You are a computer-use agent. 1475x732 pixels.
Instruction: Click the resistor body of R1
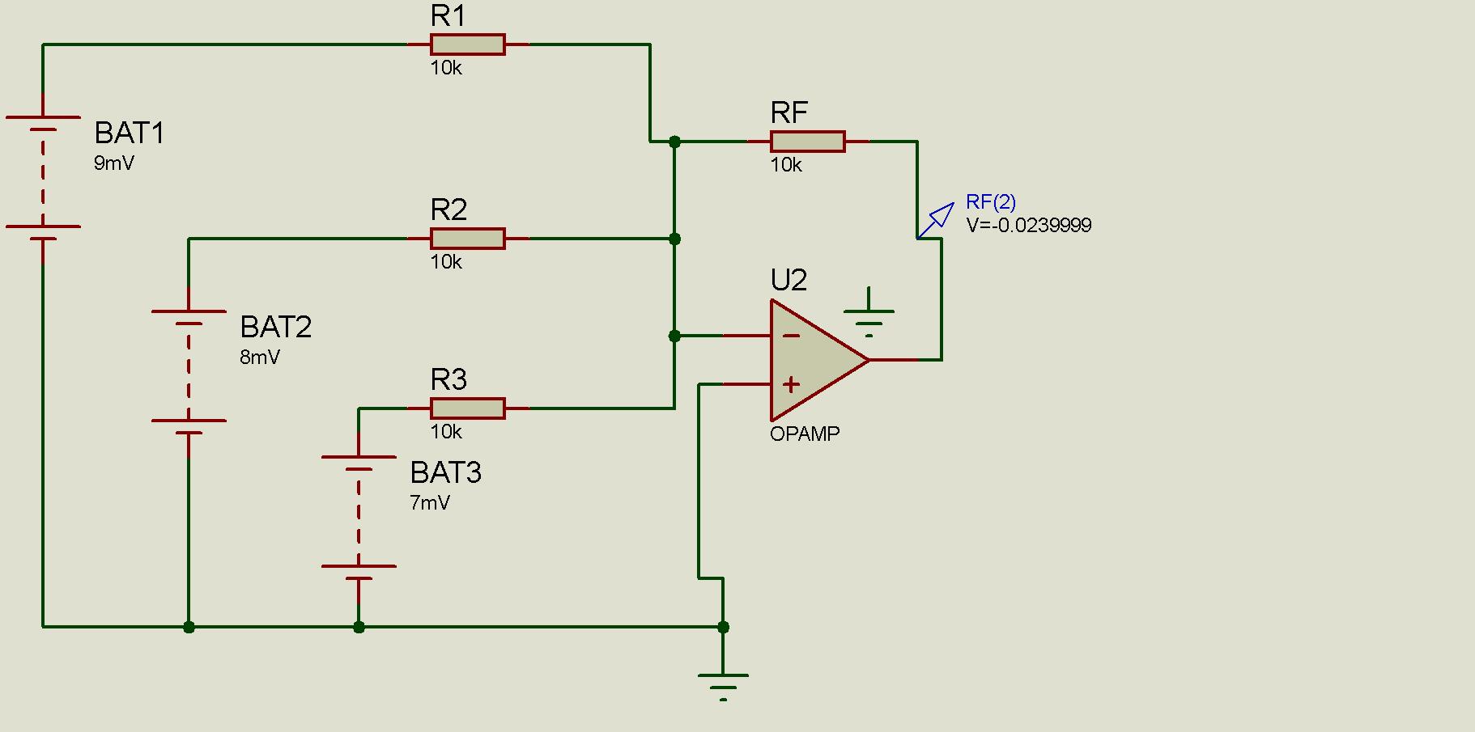(x=467, y=44)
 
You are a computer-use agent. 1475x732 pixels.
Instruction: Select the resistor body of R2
(x=467, y=239)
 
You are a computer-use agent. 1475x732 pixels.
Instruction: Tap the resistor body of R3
(x=467, y=408)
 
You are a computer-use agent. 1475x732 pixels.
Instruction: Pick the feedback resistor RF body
(x=807, y=142)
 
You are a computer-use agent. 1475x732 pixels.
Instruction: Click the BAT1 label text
(x=130, y=133)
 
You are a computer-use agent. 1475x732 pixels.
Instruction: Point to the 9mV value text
(x=114, y=163)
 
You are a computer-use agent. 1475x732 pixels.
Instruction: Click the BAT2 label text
(x=275, y=327)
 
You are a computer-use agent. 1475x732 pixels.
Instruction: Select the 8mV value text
(x=260, y=358)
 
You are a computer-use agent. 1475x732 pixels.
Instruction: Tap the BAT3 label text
(x=445, y=472)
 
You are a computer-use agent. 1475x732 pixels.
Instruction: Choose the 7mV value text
(x=430, y=503)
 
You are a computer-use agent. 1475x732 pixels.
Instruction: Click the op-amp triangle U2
(x=814, y=360)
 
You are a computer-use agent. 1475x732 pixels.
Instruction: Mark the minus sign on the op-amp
(x=792, y=336)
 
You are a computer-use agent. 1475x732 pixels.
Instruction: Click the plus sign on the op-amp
(x=791, y=384)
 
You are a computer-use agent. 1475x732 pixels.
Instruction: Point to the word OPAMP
(x=805, y=434)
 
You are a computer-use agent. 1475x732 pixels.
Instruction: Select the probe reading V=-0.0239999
(x=1028, y=226)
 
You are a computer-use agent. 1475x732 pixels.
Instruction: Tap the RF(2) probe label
(x=991, y=202)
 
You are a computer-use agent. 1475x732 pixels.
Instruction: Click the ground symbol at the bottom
(x=723, y=683)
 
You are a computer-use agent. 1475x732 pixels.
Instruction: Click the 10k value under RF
(x=785, y=165)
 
